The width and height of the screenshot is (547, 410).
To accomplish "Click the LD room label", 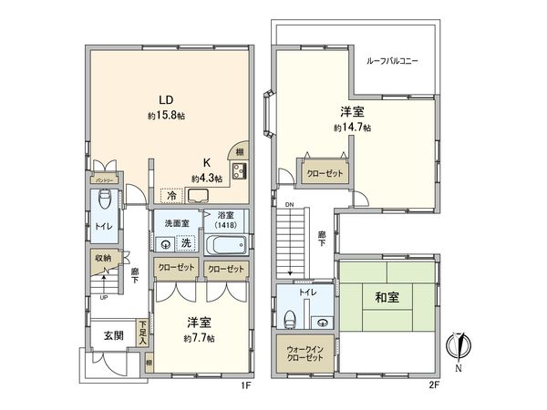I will (166, 100).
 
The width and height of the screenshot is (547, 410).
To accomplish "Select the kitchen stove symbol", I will (240, 173).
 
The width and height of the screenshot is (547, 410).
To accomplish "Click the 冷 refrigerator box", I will (170, 195).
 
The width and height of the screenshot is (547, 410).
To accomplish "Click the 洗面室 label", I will (177, 223).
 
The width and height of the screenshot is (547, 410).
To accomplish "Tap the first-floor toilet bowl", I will (105, 200).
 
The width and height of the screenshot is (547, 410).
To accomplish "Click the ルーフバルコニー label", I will (392, 60).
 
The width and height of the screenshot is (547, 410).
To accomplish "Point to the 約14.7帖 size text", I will (352, 128).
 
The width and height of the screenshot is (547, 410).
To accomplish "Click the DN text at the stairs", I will (289, 204).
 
